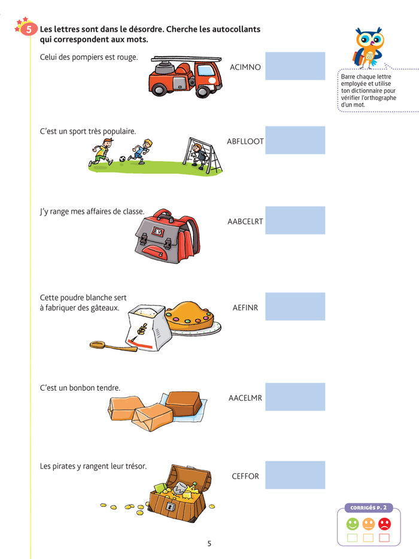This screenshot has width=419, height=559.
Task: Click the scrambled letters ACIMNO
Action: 245,67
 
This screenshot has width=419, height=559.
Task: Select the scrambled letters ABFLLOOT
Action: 245,141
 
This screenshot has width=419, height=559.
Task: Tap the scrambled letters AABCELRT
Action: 245,222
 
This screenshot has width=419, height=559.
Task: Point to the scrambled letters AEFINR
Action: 245,307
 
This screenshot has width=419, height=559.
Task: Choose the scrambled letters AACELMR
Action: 245,398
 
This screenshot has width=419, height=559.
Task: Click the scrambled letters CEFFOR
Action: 245,476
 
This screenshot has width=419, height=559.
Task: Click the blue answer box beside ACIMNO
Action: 295,66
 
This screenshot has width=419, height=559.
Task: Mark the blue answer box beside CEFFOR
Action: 295,475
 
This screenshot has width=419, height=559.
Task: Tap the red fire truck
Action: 186,76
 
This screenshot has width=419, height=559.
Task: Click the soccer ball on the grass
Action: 122,159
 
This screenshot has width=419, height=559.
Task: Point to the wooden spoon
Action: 113,346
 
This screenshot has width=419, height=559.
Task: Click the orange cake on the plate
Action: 190,316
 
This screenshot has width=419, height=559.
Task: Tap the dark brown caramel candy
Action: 184,403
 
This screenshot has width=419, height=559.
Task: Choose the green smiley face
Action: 353,524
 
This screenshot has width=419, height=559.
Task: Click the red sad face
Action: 384,524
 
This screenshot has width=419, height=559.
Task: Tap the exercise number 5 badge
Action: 28,29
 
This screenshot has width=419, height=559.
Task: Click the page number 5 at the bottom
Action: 209,543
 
